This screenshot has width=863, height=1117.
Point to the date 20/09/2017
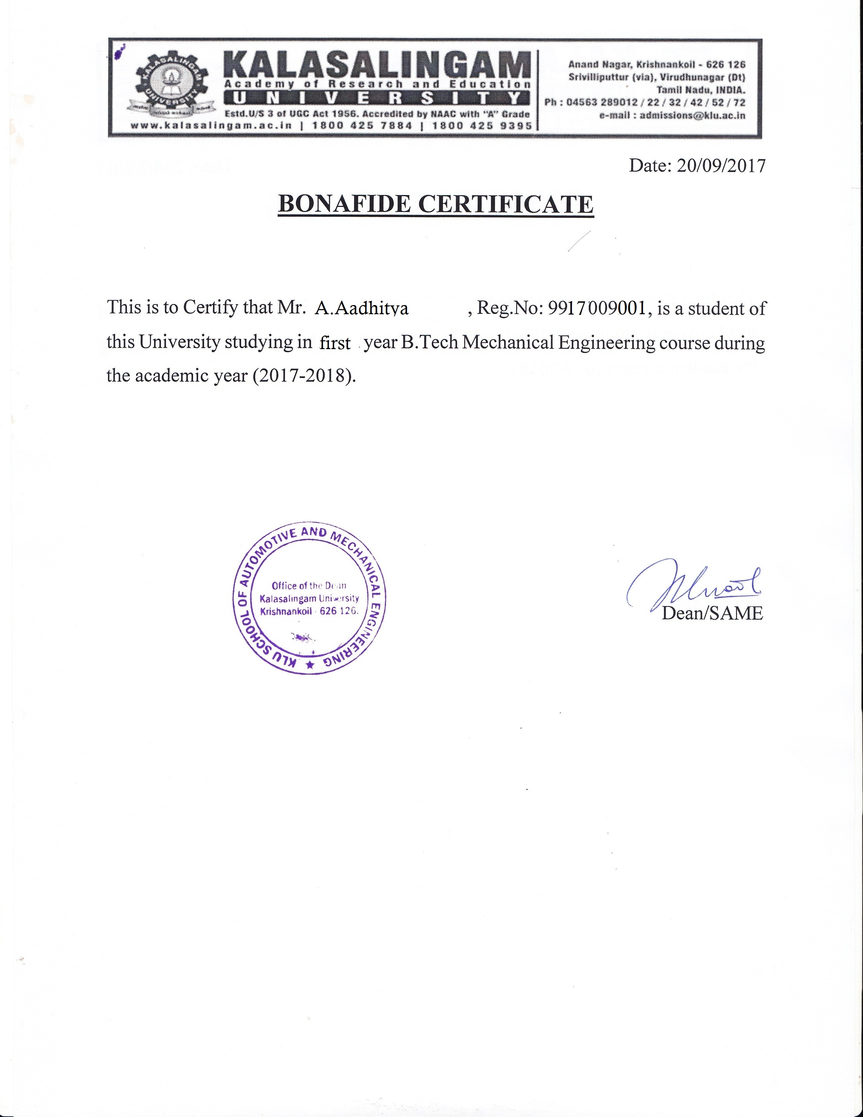(721, 165)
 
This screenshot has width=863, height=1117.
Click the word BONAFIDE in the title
(344, 204)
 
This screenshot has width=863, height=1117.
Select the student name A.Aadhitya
(361, 308)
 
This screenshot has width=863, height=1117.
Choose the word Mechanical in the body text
(508, 342)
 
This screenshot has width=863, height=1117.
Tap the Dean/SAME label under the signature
(712, 613)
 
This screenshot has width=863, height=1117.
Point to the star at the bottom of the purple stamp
(309, 665)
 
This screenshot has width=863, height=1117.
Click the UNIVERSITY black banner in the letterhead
(377, 98)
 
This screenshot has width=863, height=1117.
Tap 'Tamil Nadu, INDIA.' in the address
(701, 90)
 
